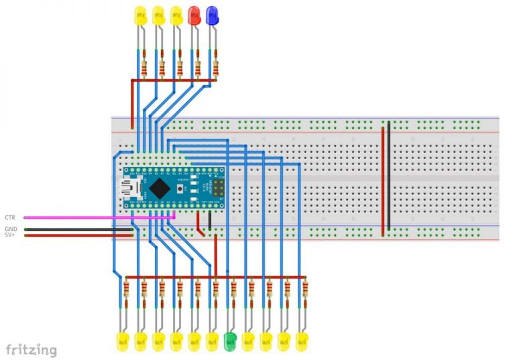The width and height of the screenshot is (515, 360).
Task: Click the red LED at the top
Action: [194, 14]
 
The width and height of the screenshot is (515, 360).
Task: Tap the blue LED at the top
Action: [212, 14]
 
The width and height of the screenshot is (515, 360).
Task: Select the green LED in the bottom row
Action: [230, 341]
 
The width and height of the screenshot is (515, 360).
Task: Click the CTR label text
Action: [10, 218]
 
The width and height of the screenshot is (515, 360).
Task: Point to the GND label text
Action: [11, 229]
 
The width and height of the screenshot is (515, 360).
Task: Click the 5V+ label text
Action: [10, 235]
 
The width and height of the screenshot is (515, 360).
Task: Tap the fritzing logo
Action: [32, 349]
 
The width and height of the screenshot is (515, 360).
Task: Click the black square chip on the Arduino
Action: [158, 188]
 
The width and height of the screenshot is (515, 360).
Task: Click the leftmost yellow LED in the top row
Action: [140, 14]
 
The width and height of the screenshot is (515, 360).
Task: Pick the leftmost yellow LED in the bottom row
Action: [123, 341]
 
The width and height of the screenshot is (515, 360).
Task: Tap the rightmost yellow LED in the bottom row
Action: [302, 341]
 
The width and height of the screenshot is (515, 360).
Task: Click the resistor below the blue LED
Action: [215, 67]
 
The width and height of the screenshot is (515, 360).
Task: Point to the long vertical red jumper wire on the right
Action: [384, 178]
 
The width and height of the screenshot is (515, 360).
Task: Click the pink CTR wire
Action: [94, 217]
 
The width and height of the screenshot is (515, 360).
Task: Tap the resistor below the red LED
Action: [198, 67]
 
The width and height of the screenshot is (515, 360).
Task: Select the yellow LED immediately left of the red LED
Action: [176, 14]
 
